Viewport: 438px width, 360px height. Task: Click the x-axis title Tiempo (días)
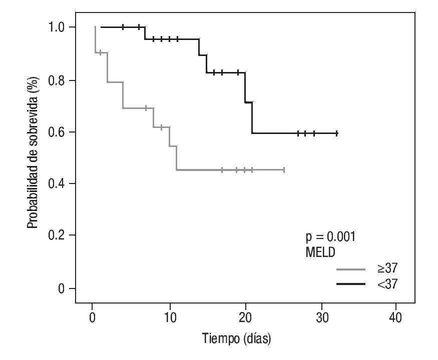[x=236, y=338]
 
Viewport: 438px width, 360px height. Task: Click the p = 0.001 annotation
[x=330, y=236]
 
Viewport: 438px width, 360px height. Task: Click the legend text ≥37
[x=387, y=269]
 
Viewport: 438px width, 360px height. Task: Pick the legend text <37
[x=387, y=284]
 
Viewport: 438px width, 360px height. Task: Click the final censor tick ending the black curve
[x=337, y=133]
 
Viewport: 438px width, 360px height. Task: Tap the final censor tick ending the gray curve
[x=284, y=170]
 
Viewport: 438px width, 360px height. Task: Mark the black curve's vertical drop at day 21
[x=252, y=118]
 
